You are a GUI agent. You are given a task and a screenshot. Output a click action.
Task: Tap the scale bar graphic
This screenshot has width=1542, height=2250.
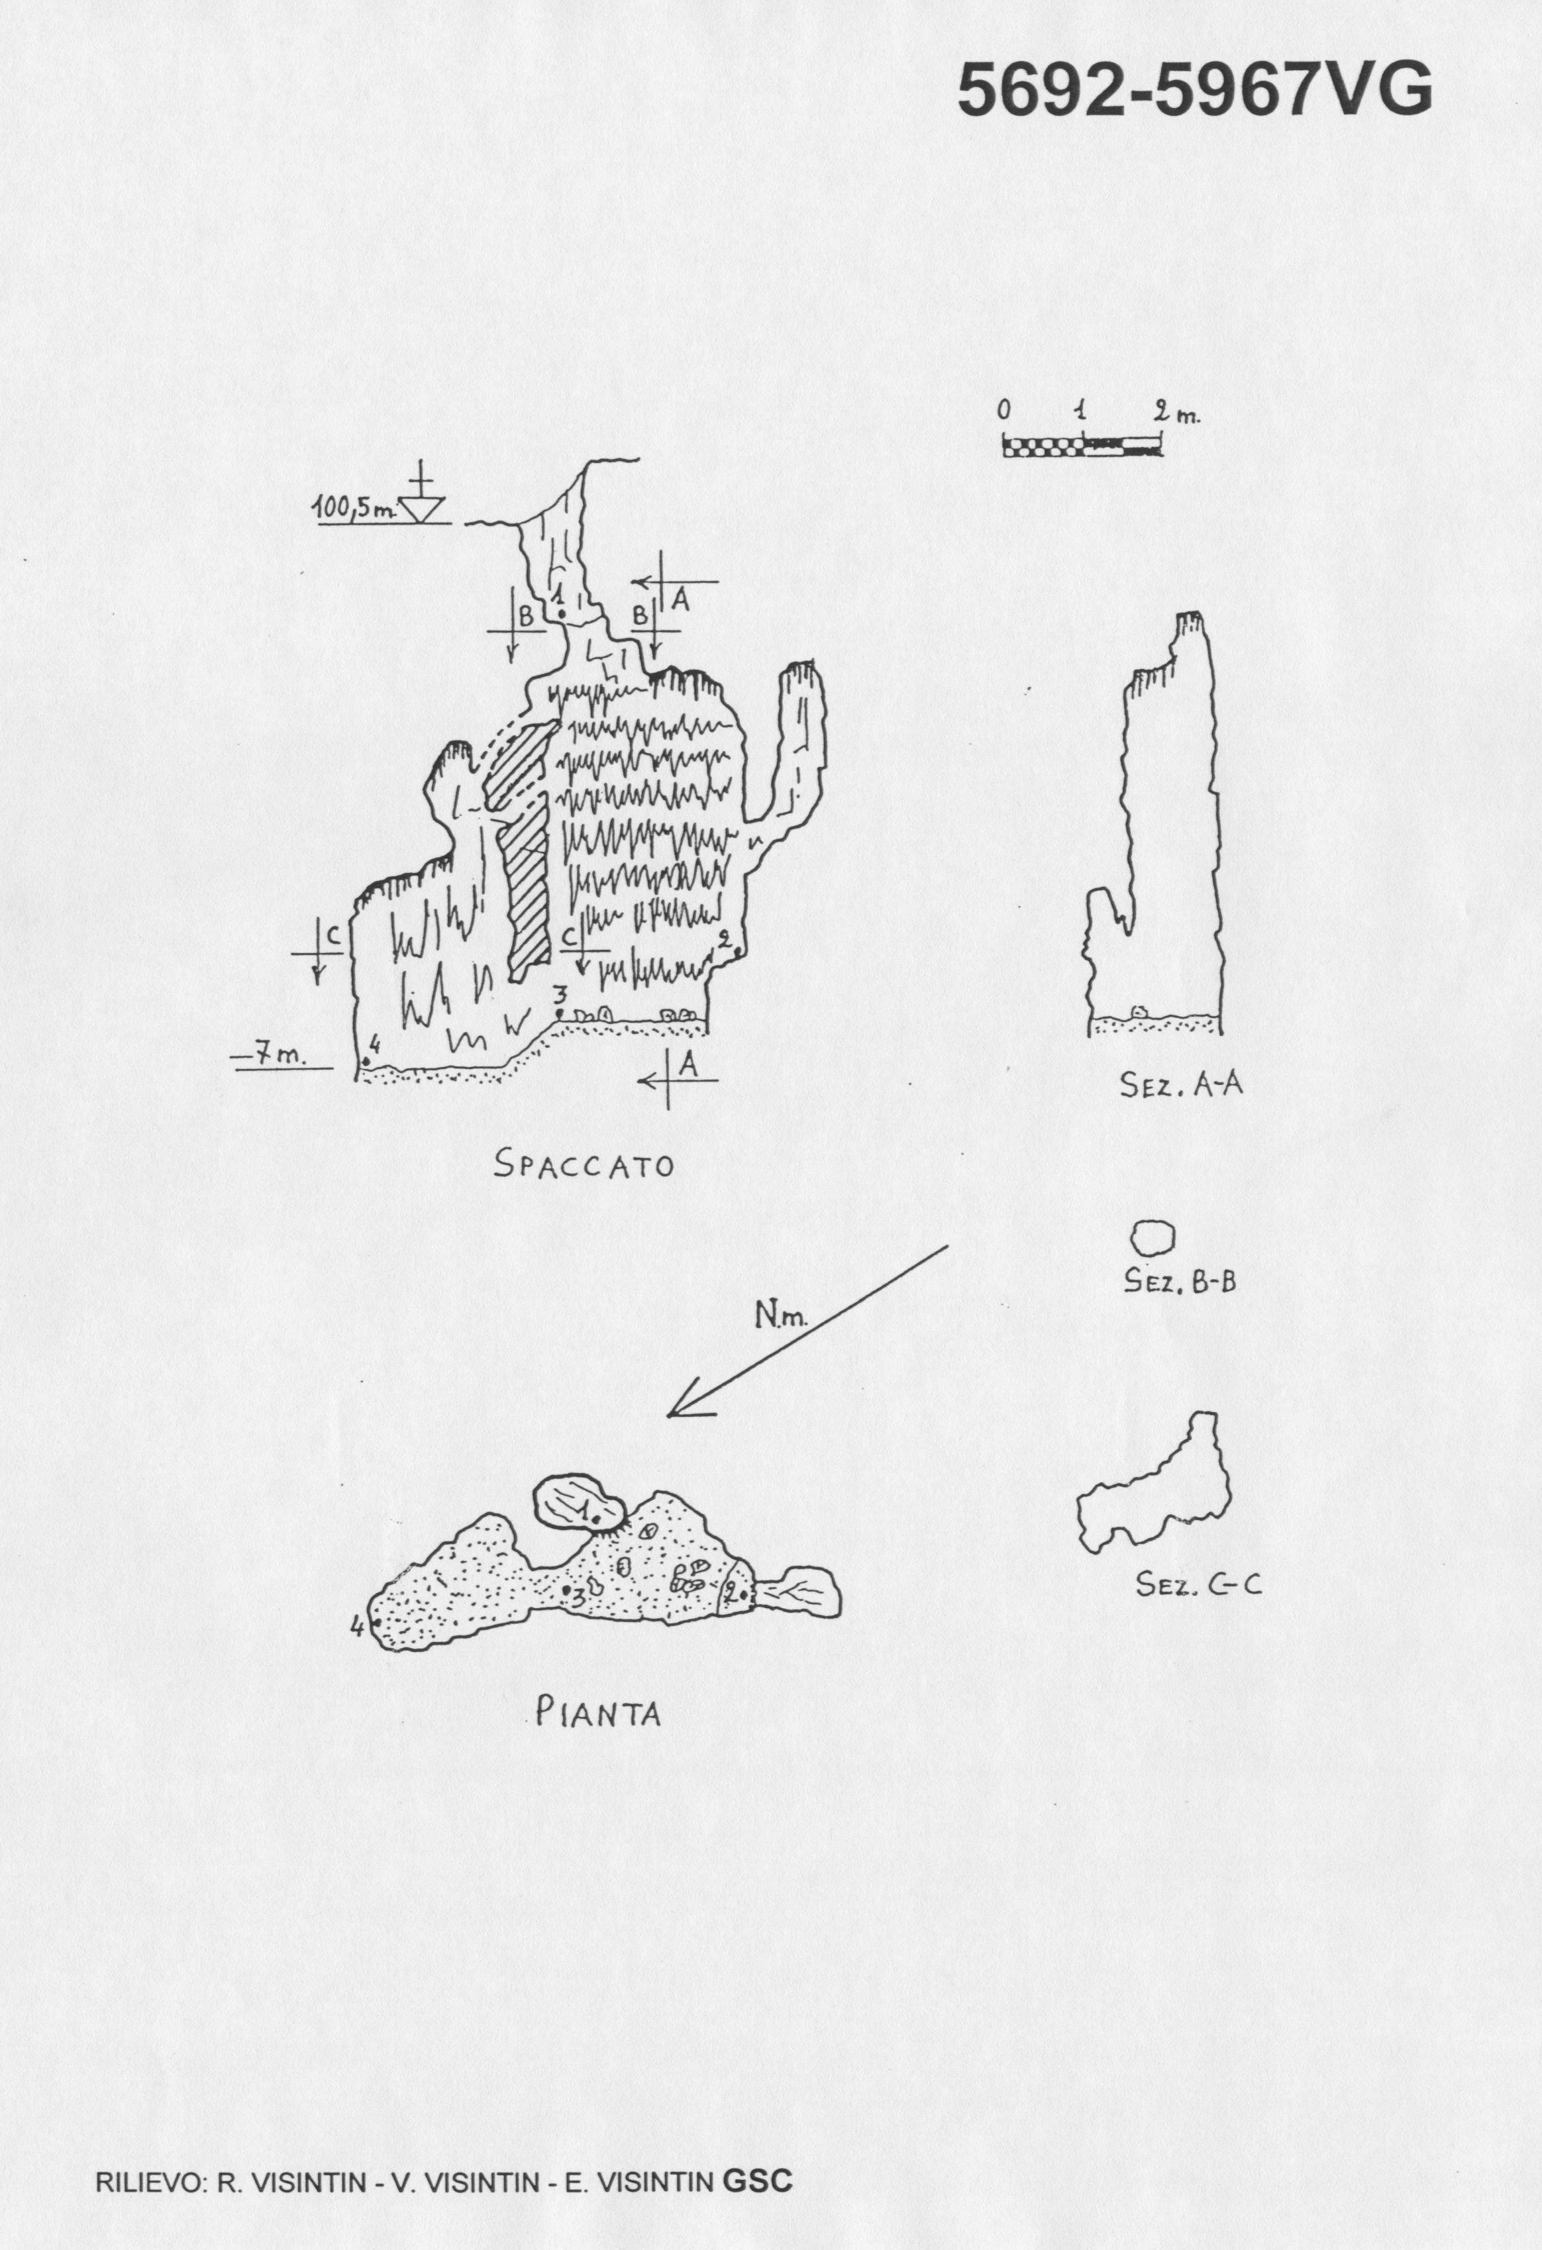click(x=1082, y=446)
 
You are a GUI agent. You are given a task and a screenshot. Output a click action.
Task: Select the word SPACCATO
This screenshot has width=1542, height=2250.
click(x=584, y=1164)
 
